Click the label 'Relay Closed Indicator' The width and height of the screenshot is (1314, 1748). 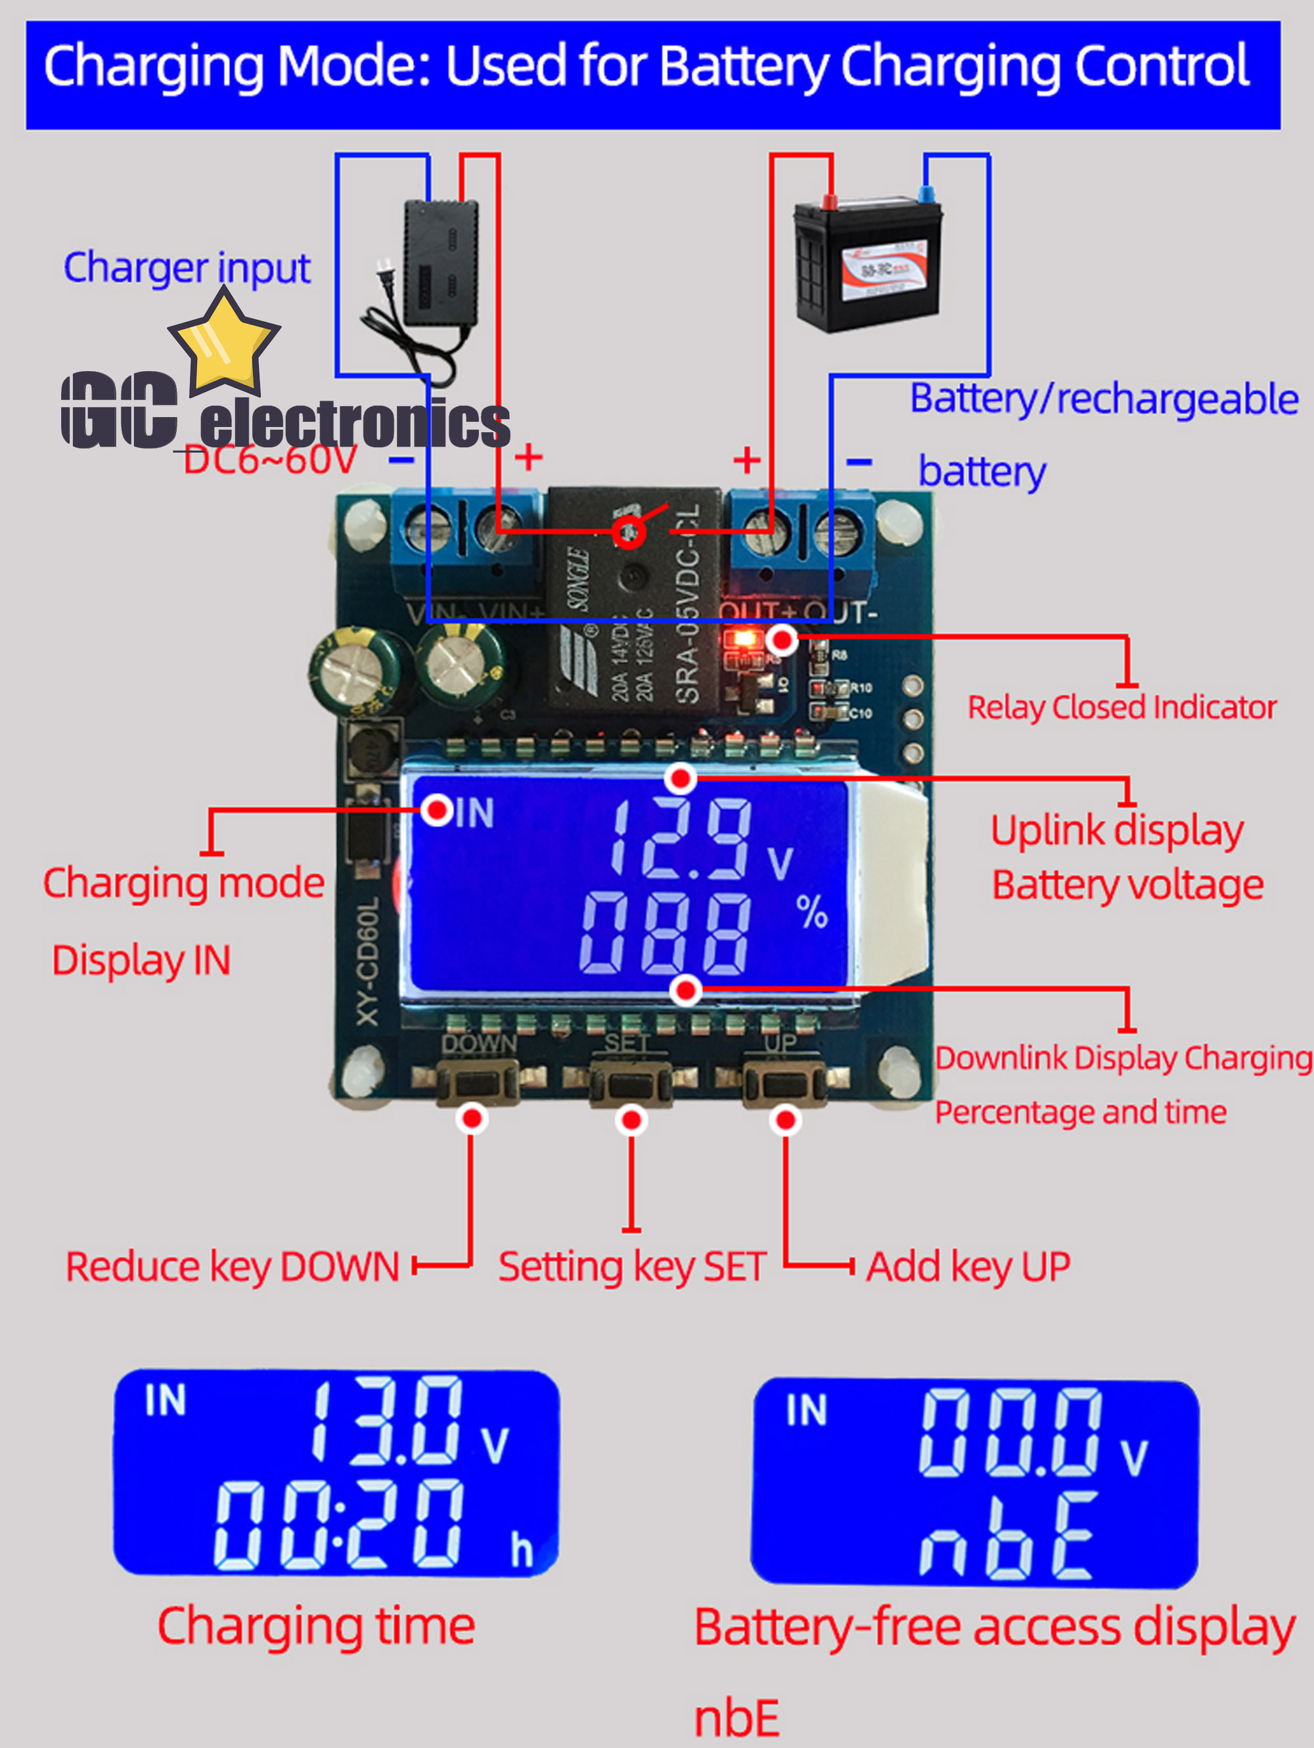[1122, 707]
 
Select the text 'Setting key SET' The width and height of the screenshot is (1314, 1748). [631, 1266]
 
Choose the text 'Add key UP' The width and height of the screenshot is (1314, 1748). [968, 1266]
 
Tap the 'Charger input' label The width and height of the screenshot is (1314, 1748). [187, 268]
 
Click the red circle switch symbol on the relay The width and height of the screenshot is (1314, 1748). [629, 532]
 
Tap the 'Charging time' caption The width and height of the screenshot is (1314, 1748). [316, 1626]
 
